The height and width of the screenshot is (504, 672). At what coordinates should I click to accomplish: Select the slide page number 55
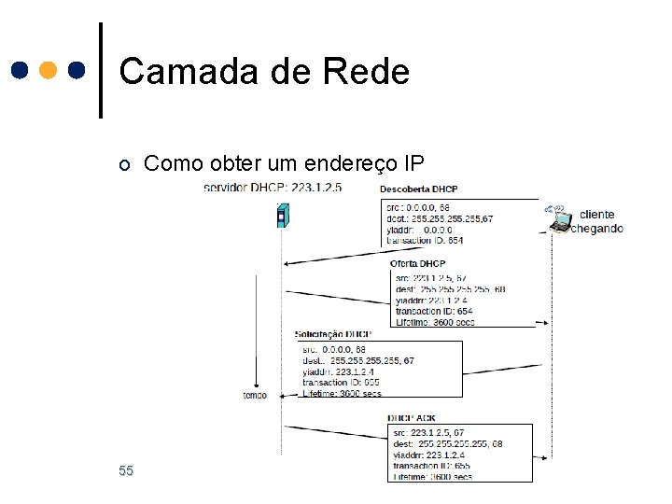126,470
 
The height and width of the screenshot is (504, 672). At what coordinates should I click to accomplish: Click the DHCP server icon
281,216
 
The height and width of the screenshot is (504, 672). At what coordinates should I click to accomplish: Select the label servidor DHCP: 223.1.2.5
273,188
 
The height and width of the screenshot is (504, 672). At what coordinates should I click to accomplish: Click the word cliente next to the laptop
597,215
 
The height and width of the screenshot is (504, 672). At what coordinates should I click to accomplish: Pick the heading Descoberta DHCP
418,189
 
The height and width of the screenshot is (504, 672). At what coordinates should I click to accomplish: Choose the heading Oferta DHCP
419,264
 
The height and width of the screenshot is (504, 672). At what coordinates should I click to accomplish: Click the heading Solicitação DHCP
332,333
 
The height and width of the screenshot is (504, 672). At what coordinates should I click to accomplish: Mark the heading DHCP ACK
412,418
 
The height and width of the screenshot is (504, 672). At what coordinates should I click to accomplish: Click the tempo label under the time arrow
255,395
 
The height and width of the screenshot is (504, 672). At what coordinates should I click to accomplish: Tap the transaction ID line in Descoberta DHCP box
425,240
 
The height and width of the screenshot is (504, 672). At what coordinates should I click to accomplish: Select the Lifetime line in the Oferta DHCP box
435,322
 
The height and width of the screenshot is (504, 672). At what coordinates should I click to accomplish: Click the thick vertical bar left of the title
101,70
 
